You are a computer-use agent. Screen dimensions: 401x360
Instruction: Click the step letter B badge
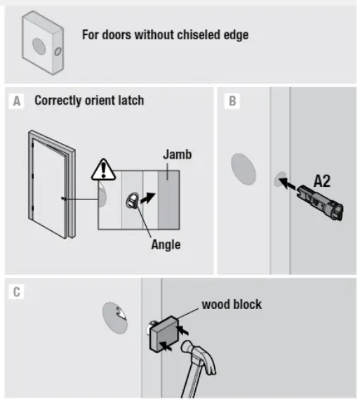pos(232,101)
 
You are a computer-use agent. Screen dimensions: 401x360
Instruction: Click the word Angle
pos(166,244)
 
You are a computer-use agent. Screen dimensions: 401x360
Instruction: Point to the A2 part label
pos(322,180)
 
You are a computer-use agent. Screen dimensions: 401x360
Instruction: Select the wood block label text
pos(231,305)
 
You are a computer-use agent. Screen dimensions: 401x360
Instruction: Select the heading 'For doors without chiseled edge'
pos(165,34)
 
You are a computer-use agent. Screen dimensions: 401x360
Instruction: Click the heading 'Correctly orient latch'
pos(89,101)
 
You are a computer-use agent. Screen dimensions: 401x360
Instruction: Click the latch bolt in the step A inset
pos(132,201)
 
